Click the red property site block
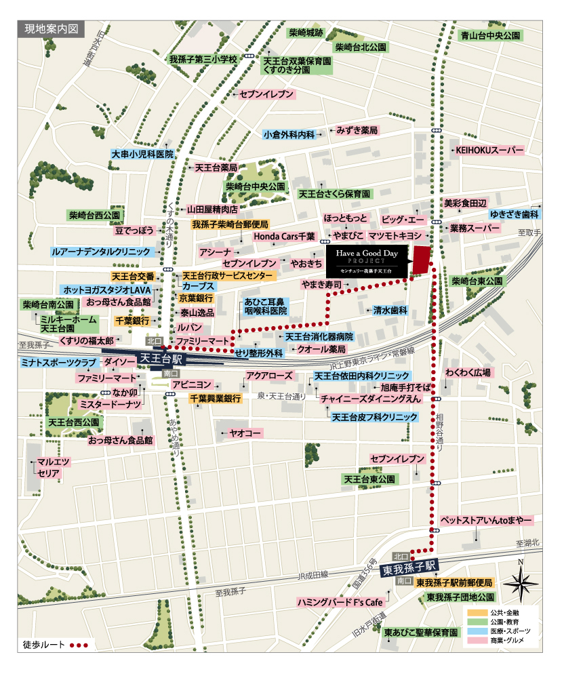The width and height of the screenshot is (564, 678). pyautogui.click(x=422, y=260)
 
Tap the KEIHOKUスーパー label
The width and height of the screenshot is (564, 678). pyautogui.click(x=489, y=150)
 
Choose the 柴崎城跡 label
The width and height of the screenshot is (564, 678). pyautogui.click(x=306, y=33)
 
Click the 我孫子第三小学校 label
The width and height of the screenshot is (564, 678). pyautogui.click(x=203, y=60)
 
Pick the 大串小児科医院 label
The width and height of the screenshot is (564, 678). pyautogui.click(x=143, y=155)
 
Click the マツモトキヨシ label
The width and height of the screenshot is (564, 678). pyautogui.click(x=396, y=236)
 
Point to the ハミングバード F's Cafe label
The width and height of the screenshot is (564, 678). pyautogui.click(x=340, y=602)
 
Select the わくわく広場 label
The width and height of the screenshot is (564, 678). pyautogui.click(x=468, y=372)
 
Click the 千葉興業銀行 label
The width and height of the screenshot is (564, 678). pyautogui.click(x=215, y=399)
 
